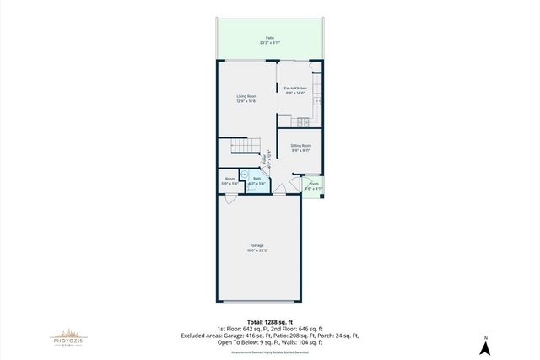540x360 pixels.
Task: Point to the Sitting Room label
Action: [x=301, y=146]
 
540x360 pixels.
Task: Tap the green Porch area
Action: [x=313, y=187]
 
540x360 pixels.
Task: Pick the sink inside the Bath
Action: [x=246, y=175]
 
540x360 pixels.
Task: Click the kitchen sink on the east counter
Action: [x=317, y=100]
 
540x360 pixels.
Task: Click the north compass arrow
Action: [x=485, y=345]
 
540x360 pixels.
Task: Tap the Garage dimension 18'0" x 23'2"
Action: [x=257, y=251]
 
